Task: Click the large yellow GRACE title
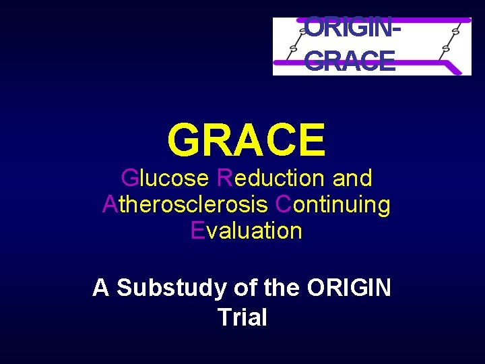(247, 139)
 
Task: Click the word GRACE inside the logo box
(350, 62)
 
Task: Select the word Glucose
(165, 179)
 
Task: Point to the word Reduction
(271, 179)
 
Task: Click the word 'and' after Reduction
(352, 179)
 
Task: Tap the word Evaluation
(247, 231)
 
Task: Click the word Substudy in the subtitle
(172, 288)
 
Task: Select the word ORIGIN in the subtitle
(348, 288)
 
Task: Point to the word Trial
(243, 317)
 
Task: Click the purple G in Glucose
(129, 179)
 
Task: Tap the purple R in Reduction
(225, 179)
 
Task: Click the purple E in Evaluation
(197, 231)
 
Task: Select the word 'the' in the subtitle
(282, 288)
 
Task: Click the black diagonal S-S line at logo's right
(450, 40)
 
